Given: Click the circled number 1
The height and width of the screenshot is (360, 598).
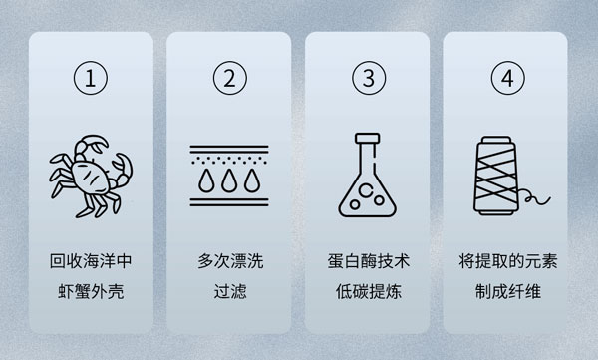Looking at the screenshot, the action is (91, 78).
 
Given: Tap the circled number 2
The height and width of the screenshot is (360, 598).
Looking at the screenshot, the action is (230, 78).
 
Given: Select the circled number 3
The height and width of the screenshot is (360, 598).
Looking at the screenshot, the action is (369, 78).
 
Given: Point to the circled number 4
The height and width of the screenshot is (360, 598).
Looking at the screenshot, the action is (508, 78).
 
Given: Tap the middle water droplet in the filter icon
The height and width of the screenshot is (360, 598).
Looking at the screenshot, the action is (229, 180).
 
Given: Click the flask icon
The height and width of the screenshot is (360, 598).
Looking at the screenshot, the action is (367, 175).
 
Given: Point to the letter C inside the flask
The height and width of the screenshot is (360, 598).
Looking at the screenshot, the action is (366, 190).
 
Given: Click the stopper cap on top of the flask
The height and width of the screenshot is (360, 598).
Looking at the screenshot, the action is (367, 138).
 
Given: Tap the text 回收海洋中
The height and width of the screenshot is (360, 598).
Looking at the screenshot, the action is (91, 261).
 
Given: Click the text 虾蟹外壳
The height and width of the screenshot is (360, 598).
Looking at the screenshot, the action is (91, 291).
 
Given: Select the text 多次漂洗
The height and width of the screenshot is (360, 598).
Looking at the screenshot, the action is (230, 261).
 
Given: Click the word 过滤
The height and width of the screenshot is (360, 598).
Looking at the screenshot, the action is (230, 291).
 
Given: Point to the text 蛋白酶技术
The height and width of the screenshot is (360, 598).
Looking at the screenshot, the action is (369, 261).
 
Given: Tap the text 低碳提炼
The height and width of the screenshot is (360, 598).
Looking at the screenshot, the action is (369, 291).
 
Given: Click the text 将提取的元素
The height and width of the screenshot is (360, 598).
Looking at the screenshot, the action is (508, 261).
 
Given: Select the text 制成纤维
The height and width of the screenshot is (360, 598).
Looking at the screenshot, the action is (508, 291).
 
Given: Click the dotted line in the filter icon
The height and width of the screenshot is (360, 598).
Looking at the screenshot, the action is (229, 160).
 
